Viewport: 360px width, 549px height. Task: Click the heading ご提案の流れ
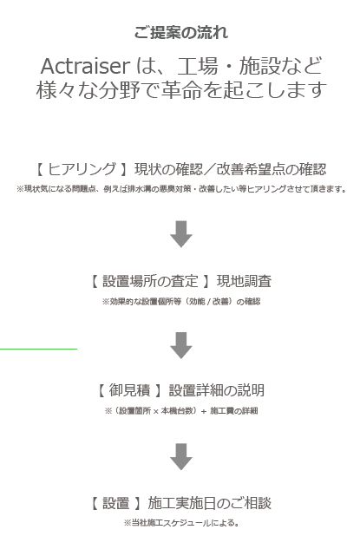point(181,33)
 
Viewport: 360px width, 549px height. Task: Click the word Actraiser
point(86,66)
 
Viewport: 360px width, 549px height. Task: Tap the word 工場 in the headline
point(198,66)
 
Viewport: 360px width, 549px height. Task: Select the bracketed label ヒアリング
point(82,169)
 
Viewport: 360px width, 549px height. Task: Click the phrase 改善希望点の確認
point(272,169)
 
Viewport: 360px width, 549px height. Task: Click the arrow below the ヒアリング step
point(181,234)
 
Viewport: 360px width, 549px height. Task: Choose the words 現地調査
point(244,281)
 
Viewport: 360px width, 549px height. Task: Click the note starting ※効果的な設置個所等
point(181,302)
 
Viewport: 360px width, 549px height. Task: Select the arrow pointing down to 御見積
point(181,345)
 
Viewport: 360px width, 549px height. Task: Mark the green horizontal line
point(38,349)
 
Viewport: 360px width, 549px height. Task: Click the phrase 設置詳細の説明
point(216,390)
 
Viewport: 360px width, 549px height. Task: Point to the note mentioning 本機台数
point(181,411)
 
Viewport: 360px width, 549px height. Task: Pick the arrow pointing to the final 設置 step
point(181,457)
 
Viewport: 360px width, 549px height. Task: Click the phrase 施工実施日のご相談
point(209,503)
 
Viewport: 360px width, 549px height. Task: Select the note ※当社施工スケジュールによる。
point(181,523)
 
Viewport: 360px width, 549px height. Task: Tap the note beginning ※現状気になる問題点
point(181,189)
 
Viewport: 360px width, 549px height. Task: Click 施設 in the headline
point(260,66)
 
